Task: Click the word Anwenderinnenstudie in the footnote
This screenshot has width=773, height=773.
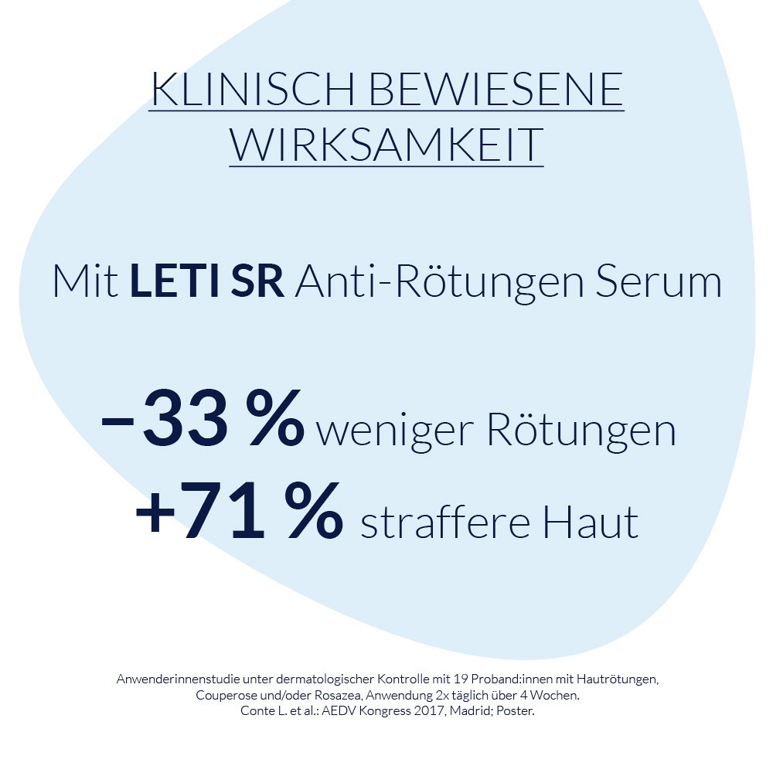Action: click(x=179, y=679)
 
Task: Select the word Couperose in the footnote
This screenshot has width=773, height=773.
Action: click(x=226, y=696)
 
